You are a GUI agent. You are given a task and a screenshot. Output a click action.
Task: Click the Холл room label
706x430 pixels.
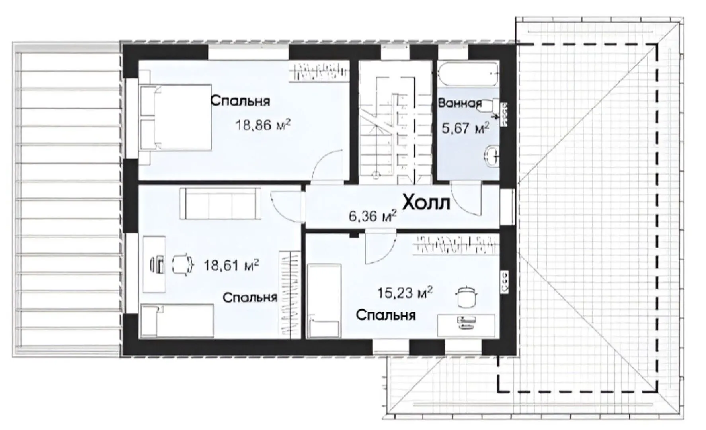(x=426, y=202)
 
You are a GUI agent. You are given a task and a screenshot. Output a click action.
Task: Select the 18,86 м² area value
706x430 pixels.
(x=263, y=125)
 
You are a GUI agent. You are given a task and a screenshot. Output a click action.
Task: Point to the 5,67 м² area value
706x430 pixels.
(x=465, y=128)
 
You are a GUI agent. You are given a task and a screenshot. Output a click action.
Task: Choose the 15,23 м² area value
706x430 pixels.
(x=405, y=293)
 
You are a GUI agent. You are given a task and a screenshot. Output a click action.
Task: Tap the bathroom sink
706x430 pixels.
(x=492, y=156)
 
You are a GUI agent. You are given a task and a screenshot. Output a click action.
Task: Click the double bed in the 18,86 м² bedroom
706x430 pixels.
(x=175, y=117)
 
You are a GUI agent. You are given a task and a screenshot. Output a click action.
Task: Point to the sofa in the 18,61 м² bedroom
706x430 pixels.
(x=220, y=203)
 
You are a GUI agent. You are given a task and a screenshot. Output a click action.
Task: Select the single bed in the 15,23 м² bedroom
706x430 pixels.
(x=325, y=301)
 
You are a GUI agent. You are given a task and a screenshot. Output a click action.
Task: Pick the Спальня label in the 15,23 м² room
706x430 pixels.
(x=386, y=315)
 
